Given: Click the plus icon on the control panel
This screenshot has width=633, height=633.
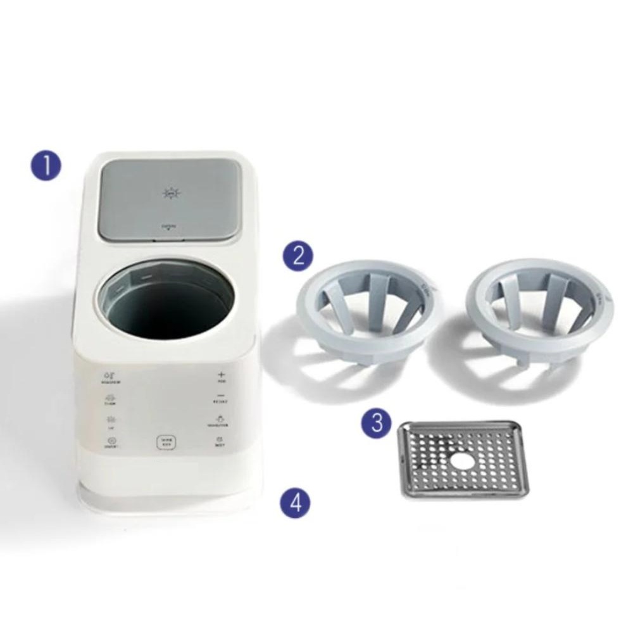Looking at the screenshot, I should tap(221, 375).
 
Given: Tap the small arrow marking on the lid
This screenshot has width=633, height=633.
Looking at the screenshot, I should tap(169, 230).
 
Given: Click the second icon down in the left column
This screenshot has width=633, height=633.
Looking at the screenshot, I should tap(110, 399).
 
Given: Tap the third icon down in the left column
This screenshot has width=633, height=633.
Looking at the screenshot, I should tap(111, 420).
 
